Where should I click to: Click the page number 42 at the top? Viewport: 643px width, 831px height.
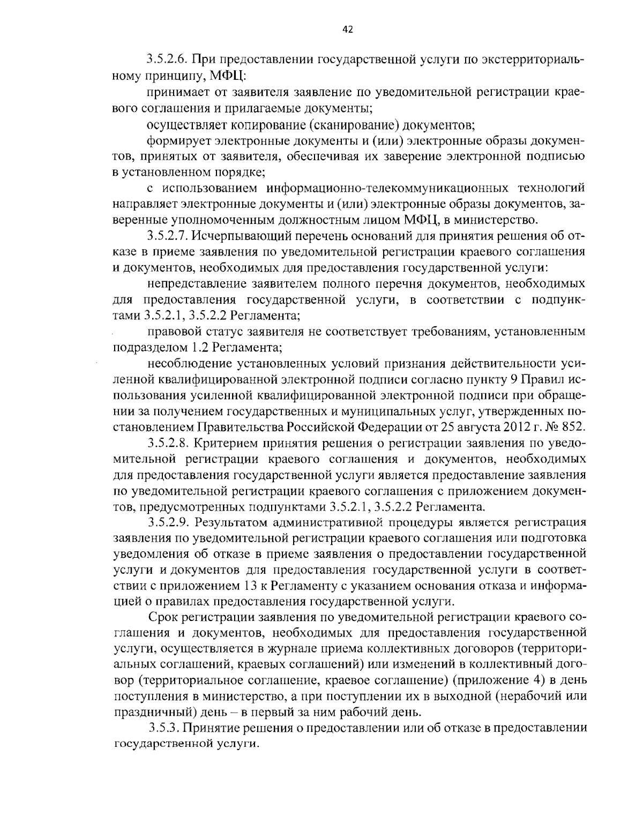[347, 30]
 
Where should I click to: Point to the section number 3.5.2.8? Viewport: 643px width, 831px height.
[167, 444]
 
